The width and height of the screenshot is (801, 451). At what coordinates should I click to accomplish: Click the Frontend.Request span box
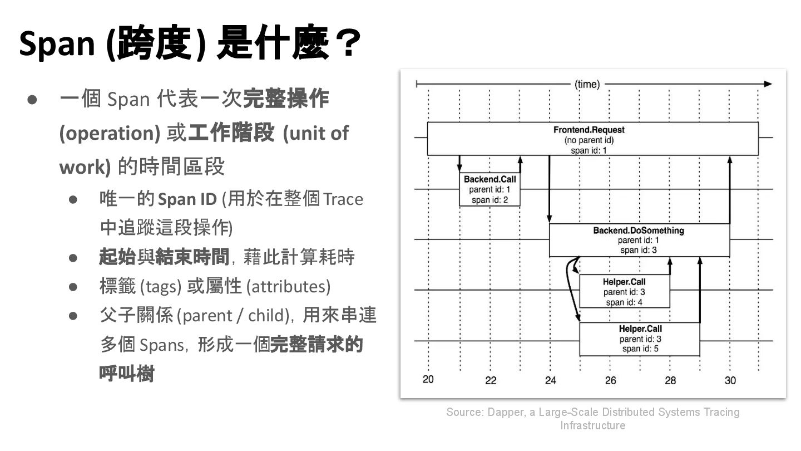coord(592,139)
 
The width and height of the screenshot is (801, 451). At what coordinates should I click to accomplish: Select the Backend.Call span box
coord(489,189)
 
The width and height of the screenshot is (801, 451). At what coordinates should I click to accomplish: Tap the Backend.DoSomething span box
coord(639,240)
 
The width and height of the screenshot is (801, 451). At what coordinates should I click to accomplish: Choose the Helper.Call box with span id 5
coord(640,339)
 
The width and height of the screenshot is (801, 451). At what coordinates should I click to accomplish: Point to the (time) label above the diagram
coord(587,85)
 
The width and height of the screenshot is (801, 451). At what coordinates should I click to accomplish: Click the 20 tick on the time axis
coord(428,380)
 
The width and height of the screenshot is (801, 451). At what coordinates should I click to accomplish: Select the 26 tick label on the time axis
coord(610,381)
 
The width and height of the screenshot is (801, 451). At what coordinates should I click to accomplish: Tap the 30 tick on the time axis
coord(730,380)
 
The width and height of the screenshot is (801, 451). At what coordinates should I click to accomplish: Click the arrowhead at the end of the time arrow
coord(768,84)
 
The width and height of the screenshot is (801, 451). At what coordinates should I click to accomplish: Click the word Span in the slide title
coord(57,43)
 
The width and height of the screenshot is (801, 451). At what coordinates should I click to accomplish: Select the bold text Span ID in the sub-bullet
coord(187,199)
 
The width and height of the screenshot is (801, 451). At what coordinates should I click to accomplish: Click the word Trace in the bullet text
coord(343,199)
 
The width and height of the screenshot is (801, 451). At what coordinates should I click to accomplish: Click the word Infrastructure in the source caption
coord(592,425)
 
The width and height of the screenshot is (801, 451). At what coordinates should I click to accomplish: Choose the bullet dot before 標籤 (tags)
coord(73,287)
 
